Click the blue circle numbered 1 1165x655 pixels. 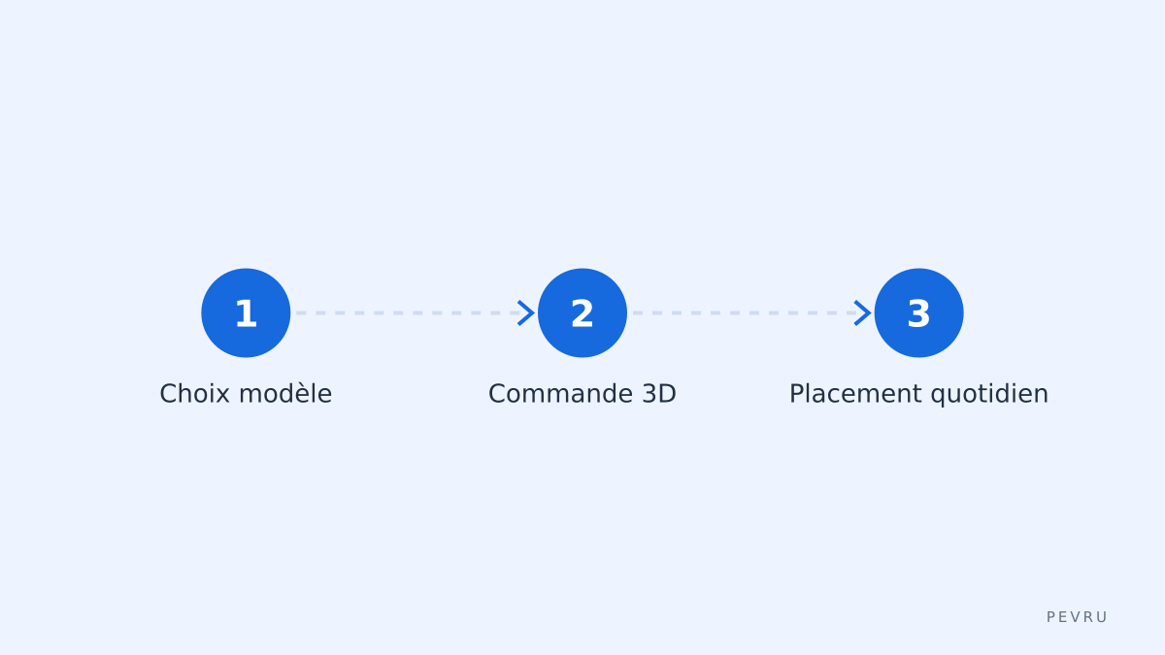[246, 312]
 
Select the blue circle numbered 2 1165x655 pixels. [582, 312]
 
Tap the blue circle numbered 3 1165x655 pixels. [918, 312]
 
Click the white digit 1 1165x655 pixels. [246, 314]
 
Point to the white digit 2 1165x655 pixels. [582, 313]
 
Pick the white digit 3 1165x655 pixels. [918, 313]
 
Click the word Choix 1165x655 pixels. [194, 394]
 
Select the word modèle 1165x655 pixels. [285, 394]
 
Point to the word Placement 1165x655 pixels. [855, 394]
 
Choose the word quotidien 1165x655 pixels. [989, 395]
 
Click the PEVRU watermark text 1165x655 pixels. [1077, 617]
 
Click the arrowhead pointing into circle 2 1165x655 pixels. [527, 312]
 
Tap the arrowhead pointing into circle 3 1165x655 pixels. [863, 312]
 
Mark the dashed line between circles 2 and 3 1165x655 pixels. [745, 312]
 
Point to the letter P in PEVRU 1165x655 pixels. [1050, 617]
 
